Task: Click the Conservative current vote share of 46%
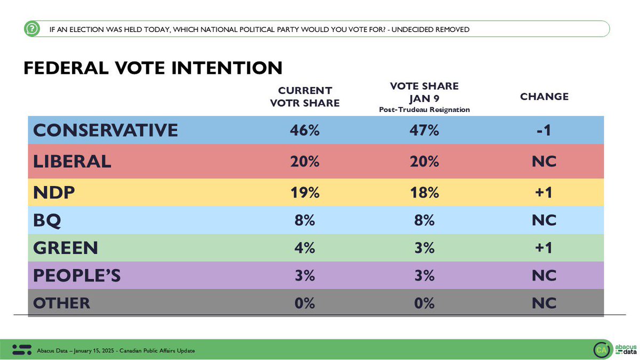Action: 306,130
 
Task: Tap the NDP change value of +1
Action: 544,193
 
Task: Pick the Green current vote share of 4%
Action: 306,248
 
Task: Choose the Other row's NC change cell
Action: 544,303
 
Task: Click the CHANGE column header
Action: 544,97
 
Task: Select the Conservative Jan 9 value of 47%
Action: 425,130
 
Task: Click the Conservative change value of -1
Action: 544,130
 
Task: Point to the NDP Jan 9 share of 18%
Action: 425,193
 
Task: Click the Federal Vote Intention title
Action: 153,68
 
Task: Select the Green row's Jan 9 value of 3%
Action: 425,248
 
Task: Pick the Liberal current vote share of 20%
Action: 306,161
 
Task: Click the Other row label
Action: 61,303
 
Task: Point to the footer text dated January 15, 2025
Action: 116,350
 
